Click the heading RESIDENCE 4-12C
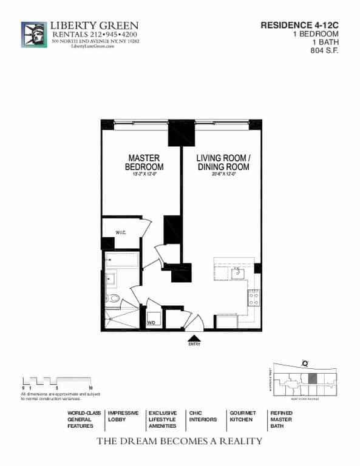click(299, 25)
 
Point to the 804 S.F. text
click(324, 51)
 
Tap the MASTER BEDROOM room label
click(144, 162)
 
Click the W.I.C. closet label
click(121, 232)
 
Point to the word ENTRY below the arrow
click(194, 345)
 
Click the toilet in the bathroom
click(113, 298)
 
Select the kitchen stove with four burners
click(253, 297)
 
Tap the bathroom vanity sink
click(111, 280)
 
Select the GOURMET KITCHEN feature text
click(242, 416)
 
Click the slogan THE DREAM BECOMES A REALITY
click(180, 441)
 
